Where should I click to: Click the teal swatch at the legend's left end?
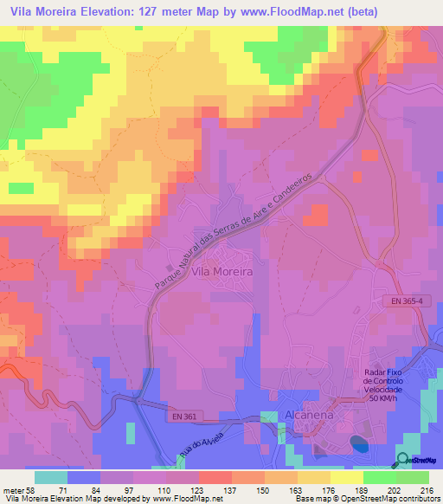tap(50, 477)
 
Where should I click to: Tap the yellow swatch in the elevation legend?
tap(346, 477)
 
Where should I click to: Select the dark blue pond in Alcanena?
tap(358, 444)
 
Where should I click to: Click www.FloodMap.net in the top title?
tap(257, 11)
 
